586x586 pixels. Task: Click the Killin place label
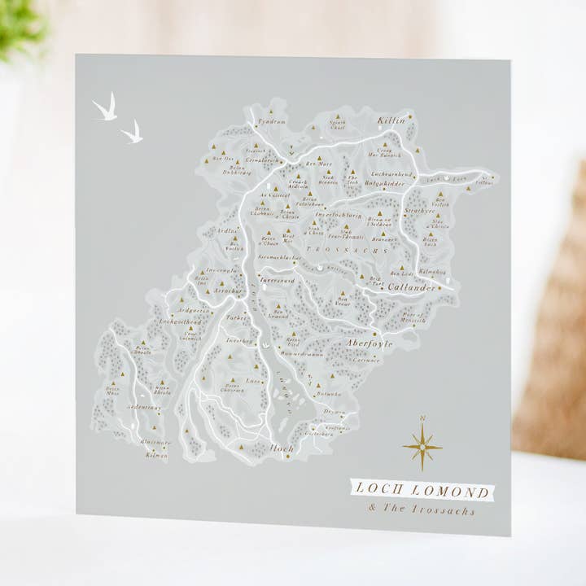pyautogui.click(x=391, y=120)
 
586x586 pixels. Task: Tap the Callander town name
pyautogui.click(x=411, y=288)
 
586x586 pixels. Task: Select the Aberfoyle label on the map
pyautogui.click(x=369, y=343)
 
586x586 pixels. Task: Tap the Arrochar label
pyautogui.click(x=229, y=291)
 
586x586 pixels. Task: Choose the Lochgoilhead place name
pyautogui.click(x=180, y=321)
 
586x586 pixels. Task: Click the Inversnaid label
pyautogui.click(x=278, y=280)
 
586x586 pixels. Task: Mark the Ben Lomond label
pyautogui.click(x=279, y=313)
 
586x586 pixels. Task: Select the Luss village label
pyautogui.click(x=254, y=380)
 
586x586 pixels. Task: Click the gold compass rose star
pyautogui.click(x=422, y=446)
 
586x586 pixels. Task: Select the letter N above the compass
pyautogui.click(x=422, y=418)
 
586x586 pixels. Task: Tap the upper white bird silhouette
pyautogui.click(x=105, y=108)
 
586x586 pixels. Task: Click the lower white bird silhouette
pyautogui.click(x=132, y=133)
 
